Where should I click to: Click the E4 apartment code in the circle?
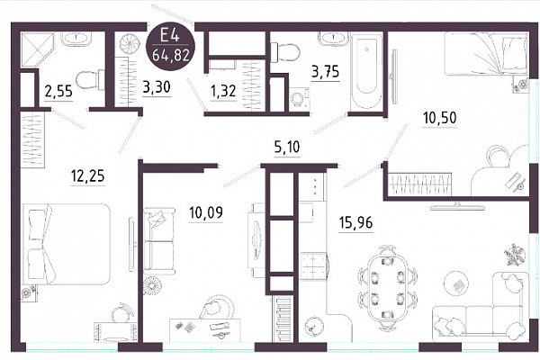170,35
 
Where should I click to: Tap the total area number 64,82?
171,54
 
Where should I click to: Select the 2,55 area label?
58,92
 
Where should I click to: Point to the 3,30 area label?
157,87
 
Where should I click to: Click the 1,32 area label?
223,91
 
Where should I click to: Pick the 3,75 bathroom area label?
326,72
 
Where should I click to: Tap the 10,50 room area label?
440,118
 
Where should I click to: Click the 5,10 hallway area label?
287,147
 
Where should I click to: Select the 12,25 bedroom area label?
87,176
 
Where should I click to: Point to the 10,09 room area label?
206,212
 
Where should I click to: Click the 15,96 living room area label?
355,223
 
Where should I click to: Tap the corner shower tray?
38,50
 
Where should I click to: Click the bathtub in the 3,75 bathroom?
366,71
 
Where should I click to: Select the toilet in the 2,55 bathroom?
89,80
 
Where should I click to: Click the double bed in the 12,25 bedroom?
66,244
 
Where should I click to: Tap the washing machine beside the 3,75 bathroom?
299,99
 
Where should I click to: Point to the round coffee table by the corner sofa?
456,284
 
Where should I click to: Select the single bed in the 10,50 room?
486,54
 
